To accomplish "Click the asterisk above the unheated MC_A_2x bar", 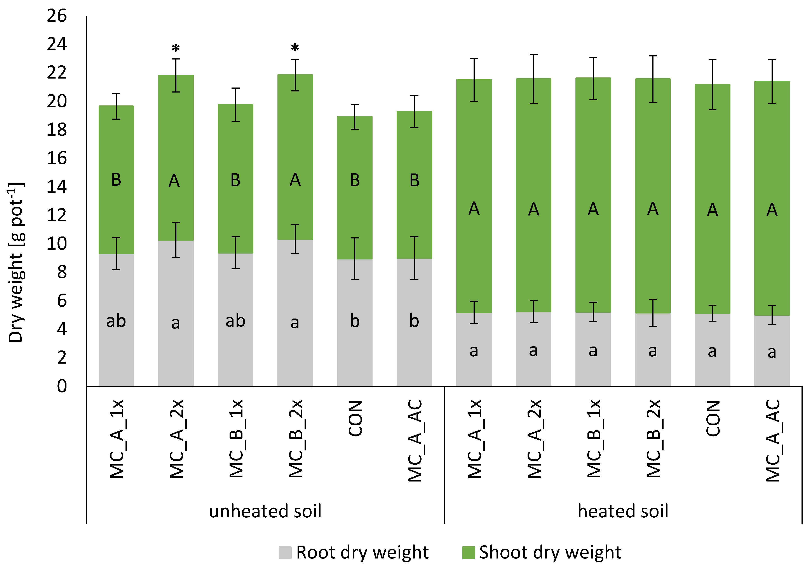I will click(x=176, y=48).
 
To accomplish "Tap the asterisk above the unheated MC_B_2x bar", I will click(x=295, y=48).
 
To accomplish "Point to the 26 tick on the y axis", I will click(x=57, y=16).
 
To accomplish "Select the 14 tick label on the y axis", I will click(x=57, y=186).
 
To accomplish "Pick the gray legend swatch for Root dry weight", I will click(x=285, y=552).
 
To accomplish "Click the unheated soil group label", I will click(x=265, y=511).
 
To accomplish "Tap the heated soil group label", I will click(x=623, y=511).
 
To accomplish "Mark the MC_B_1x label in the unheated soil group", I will click(x=236, y=439).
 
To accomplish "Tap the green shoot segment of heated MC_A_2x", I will click(x=533, y=159).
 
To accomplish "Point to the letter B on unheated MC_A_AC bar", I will click(x=415, y=180).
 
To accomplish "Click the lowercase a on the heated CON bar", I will click(x=712, y=351).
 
